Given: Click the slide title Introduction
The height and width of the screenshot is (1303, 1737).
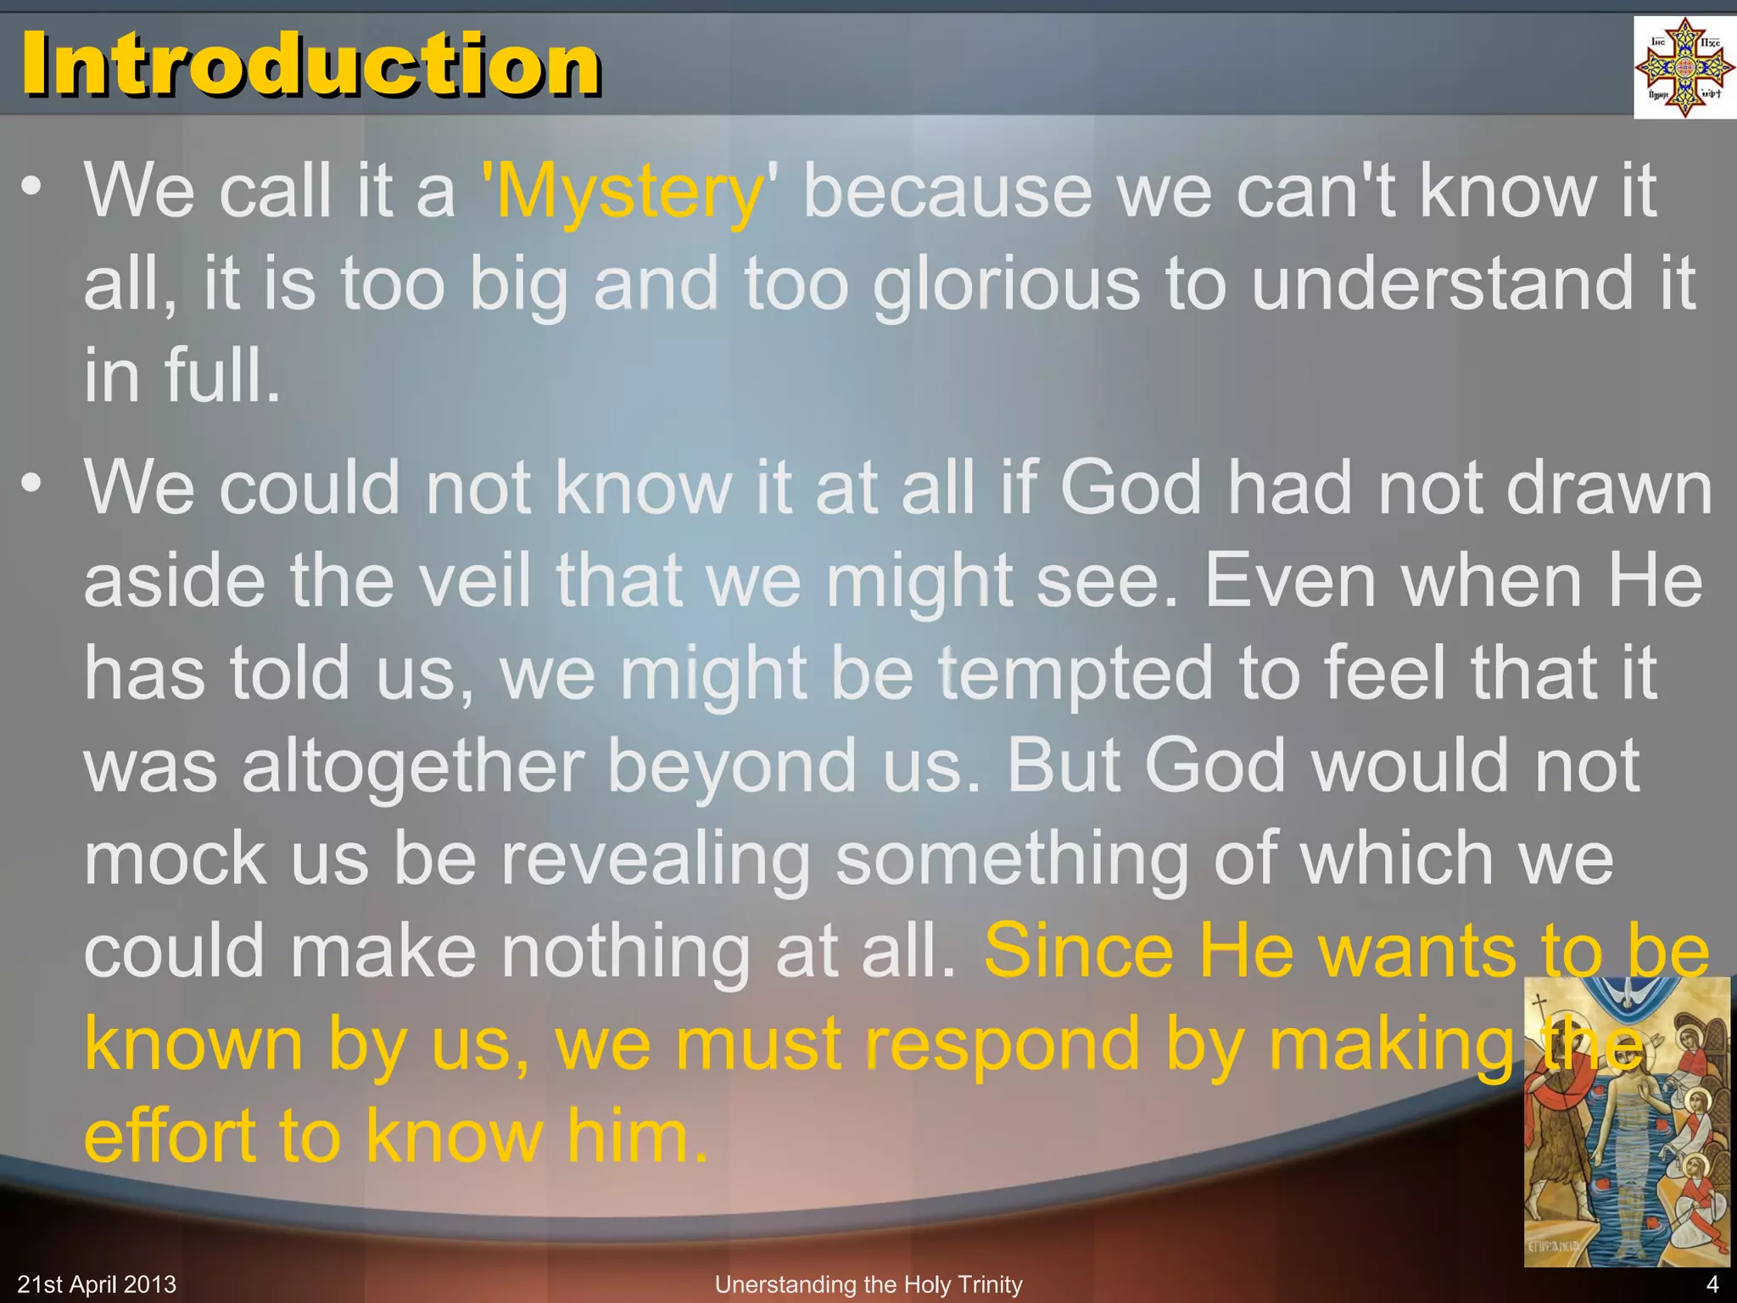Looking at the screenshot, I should pos(310,64).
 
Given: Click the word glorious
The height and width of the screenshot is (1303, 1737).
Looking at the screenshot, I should pos(1007,285).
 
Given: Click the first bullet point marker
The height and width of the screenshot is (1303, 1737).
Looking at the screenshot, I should pos(31,187).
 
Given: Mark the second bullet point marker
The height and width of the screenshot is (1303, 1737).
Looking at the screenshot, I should pos(31,484).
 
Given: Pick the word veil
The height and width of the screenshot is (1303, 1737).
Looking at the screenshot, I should pos(476,580).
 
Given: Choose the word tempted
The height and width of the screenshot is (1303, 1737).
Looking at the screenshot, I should pos(1077,674).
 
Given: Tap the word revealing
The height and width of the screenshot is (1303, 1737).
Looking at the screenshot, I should pos(655,859).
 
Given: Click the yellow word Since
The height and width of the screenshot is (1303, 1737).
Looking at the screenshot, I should pos(1078,951).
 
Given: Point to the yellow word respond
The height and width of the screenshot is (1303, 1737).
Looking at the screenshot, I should pos(1002,1044).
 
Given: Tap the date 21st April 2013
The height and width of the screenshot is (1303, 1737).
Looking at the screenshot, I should pos(97,1284).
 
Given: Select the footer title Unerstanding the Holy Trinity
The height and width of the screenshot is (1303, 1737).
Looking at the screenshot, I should pos(868,1284).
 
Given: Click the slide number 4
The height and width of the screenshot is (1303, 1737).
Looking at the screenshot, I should pos(1712,1284).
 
